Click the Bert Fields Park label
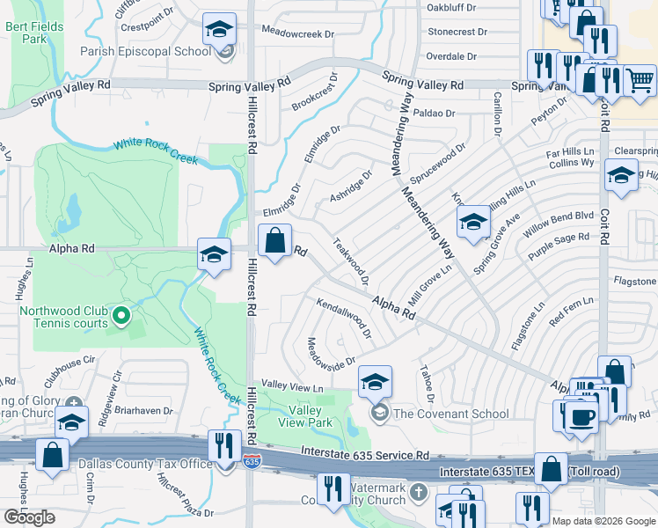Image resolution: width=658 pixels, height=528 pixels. pos(34,33)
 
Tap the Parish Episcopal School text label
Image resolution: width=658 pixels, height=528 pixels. pos(157,51)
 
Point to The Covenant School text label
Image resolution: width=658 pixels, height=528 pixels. pos(450,414)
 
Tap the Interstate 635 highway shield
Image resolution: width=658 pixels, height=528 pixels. pos(252,461)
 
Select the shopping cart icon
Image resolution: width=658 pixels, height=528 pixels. pos(640,80)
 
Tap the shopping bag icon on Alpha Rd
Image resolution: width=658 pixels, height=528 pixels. pos(274,239)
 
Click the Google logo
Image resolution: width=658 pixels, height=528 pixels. pos(29,517)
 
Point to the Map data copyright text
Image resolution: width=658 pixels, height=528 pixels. pos(603,521)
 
